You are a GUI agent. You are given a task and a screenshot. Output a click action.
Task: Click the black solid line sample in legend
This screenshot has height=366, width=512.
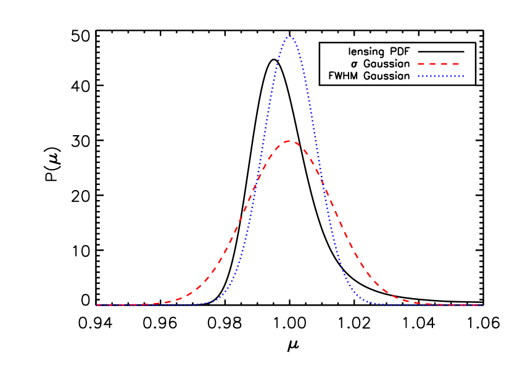tap(440, 51)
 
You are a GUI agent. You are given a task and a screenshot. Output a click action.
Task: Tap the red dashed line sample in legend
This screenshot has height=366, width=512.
tap(440, 64)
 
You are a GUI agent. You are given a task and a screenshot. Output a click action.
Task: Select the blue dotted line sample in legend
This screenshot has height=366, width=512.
tap(440, 77)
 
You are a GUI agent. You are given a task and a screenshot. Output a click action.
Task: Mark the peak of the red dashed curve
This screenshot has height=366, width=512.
tap(289, 141)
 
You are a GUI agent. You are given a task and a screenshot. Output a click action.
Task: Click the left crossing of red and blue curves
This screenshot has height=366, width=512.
tap(256, 184)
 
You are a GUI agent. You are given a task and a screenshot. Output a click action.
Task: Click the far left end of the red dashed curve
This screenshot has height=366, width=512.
tap(97, 305)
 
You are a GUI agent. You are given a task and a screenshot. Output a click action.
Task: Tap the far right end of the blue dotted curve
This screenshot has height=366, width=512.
tap(482, 305)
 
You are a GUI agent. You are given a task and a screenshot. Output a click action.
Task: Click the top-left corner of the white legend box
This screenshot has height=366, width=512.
tap(321, 43)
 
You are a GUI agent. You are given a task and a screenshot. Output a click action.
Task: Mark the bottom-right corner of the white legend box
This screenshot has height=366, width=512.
tap(474, 84)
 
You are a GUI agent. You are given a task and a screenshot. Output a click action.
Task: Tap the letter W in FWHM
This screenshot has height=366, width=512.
tap(337, 77)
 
